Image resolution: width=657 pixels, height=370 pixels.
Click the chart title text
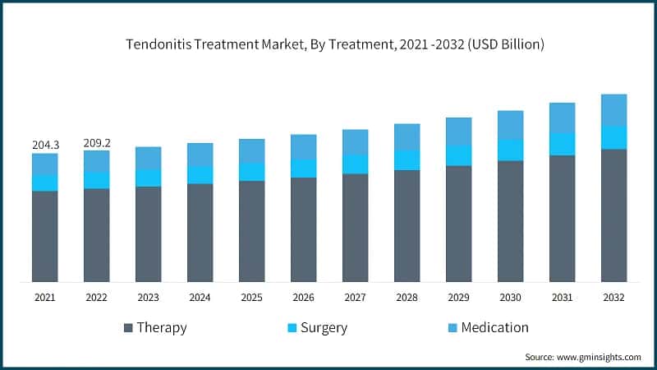(x=328, y=44)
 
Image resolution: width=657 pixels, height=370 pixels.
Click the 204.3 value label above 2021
(x=45, y=145)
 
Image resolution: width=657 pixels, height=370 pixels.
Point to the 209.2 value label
(x=97, y=142)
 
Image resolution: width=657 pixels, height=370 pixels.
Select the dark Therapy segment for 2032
(x=613, y=215)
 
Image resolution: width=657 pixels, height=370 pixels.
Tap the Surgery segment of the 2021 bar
(x=45, y=183)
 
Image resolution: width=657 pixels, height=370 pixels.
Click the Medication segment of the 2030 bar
(x=510, y=125)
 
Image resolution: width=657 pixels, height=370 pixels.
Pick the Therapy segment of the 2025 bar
(x=252, y=231)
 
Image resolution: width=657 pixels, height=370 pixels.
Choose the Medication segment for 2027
(x=356, y=141)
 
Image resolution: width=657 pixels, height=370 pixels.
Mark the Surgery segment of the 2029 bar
(x=458, y=155)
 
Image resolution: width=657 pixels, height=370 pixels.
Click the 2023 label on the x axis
(x=149, y=298)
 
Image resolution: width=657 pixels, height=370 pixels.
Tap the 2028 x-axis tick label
(x=407, y=298)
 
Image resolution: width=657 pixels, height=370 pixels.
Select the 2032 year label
(x=613, y=298)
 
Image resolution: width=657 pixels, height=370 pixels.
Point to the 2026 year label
(x=303, y=298)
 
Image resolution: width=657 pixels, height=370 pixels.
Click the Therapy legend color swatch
(x=128, y=328)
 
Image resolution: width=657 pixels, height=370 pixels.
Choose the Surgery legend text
(x=323, y=327)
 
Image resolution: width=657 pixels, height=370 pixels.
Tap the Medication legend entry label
(x=494, y=327)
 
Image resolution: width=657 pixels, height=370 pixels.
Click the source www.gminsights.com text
(x=583, y=357)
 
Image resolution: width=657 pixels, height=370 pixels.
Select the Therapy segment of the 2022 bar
(x=97, y=235)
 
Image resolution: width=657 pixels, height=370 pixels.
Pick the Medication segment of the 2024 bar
(x=200, y=155)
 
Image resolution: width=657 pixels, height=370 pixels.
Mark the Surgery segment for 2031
(x=562, y=144)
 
